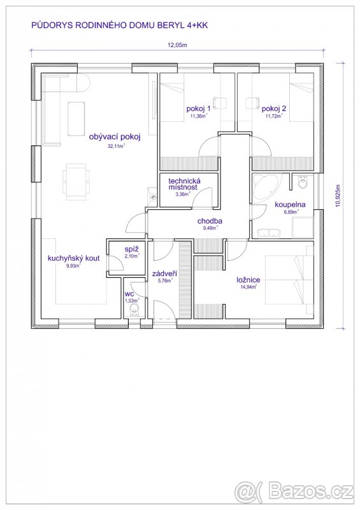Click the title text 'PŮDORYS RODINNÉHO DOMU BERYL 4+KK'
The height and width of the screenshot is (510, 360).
[x=119, y=25]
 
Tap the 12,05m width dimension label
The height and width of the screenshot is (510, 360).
[x=177, y=45]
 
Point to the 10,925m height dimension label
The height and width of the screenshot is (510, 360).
[x=338, y=196]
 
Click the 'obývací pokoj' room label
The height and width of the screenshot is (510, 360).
[x=115, y=136]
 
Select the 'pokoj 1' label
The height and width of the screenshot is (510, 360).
[x=198, y=108]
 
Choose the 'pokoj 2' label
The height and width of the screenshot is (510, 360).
[x=274, y=108]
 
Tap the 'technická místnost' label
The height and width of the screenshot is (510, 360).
[x=184, y=184]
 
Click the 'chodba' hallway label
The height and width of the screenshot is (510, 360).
[x=210, y=221]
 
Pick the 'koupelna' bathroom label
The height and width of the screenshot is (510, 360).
[x=290, y=205]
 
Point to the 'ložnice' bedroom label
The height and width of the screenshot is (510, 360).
[x=248, y=280]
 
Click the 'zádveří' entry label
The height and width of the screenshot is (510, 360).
[x=164, y=274]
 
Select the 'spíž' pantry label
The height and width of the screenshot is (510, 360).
[x=132, y=249]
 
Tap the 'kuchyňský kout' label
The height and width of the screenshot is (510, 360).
[x=73, y=259]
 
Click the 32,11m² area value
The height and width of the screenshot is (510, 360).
[x=116, y=146]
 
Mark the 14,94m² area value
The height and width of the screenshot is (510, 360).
[x=248, y=287]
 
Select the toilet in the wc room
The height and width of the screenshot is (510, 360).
[x=134, y=310]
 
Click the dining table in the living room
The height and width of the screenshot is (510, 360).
[x=76, y=182]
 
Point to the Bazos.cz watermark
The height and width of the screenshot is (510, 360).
[x=294, y=492]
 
